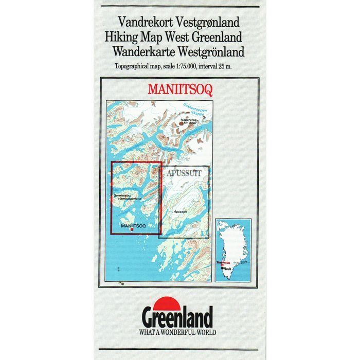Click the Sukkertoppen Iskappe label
click(194, 109)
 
